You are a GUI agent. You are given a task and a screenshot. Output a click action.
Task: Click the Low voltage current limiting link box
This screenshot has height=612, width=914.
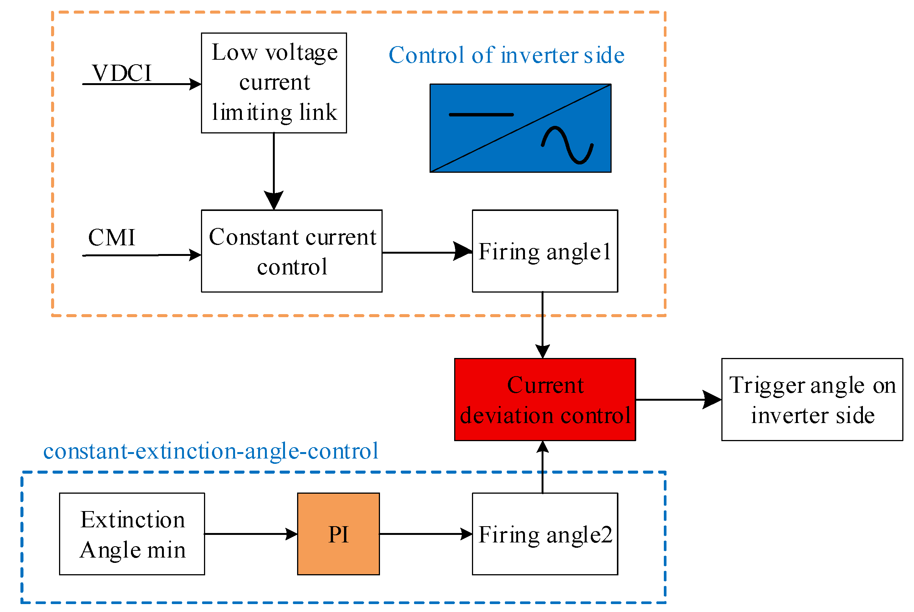coord(274,83)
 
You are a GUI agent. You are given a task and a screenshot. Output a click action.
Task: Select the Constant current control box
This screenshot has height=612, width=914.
coord(291,251)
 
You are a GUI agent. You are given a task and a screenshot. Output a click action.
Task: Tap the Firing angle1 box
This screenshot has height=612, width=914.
coord(545,251)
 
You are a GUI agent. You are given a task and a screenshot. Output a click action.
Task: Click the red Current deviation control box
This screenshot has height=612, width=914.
coord(545,400)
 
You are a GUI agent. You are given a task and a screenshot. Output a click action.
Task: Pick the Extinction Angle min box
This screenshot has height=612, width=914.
coord(132,534)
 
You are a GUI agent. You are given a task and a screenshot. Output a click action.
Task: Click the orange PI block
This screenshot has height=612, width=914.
coord(338,534)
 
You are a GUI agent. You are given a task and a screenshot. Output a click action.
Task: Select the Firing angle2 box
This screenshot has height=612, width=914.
coord(545,534)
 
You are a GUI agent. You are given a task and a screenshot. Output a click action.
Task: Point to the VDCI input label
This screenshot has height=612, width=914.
coord(121,73)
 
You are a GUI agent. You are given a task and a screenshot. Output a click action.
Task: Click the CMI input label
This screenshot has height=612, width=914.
coord(112,237)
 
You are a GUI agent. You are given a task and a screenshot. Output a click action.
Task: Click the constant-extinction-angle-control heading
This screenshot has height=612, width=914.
coord(211,452)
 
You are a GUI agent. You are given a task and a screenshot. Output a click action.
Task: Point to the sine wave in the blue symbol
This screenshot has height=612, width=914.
coord(567,145)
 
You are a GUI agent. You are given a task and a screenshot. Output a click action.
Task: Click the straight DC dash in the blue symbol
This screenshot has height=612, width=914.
coord(481,115)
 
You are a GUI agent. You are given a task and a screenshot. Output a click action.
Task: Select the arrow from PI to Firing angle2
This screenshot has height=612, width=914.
coord(426,534)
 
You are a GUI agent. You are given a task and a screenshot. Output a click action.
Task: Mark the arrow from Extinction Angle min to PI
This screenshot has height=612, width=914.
coord(251,534)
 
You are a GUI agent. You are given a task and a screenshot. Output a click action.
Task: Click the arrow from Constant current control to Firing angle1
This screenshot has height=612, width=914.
coord(427,253)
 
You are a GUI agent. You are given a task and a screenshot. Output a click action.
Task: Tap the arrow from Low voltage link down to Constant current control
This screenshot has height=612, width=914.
coord(274,172)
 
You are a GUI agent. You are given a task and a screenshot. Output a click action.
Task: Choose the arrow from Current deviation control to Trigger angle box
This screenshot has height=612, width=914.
coord(679,400)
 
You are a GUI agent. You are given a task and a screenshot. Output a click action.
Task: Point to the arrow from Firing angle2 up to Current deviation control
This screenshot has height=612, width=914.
coord(543,467)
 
